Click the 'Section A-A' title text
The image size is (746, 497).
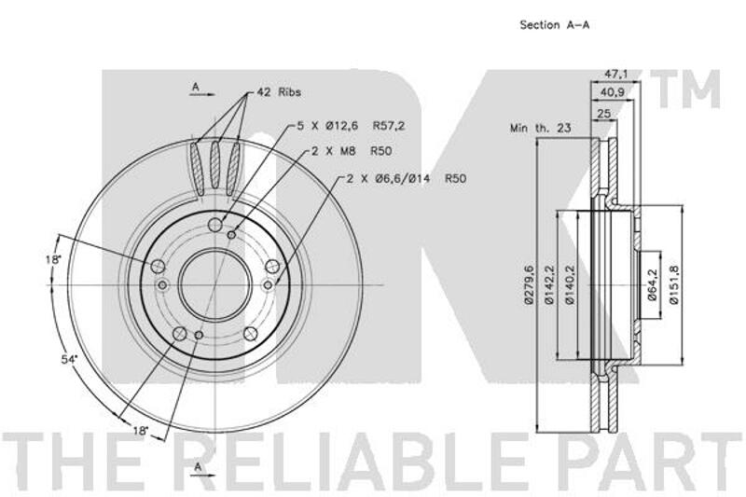tap(555, 25)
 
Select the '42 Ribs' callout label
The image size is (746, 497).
tap(279, 91)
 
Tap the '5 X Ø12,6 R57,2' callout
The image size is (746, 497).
tap(351, 126)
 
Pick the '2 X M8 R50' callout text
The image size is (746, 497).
tap(352, 151)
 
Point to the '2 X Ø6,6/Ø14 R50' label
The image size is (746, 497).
tap(406, 179)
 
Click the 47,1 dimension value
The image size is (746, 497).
tap(616, 75)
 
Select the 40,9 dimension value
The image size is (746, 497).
tap(613, 92)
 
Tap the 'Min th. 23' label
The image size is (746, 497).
tap(541, 128)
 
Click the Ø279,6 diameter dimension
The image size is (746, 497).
tap(528, 284)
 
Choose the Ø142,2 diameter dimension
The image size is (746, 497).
tap(549, 284)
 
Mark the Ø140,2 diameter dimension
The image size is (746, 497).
tap(571, 284)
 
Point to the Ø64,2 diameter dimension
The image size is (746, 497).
tap(652, 284)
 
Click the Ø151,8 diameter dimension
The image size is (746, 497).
tap(672, 284)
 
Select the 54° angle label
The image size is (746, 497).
tap(68, 360)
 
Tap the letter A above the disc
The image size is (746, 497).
tap(195, 87)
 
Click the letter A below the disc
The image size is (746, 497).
tap(199, 466)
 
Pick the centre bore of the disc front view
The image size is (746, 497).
tap(215, 285)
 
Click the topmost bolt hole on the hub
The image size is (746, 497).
tap(215, 225)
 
